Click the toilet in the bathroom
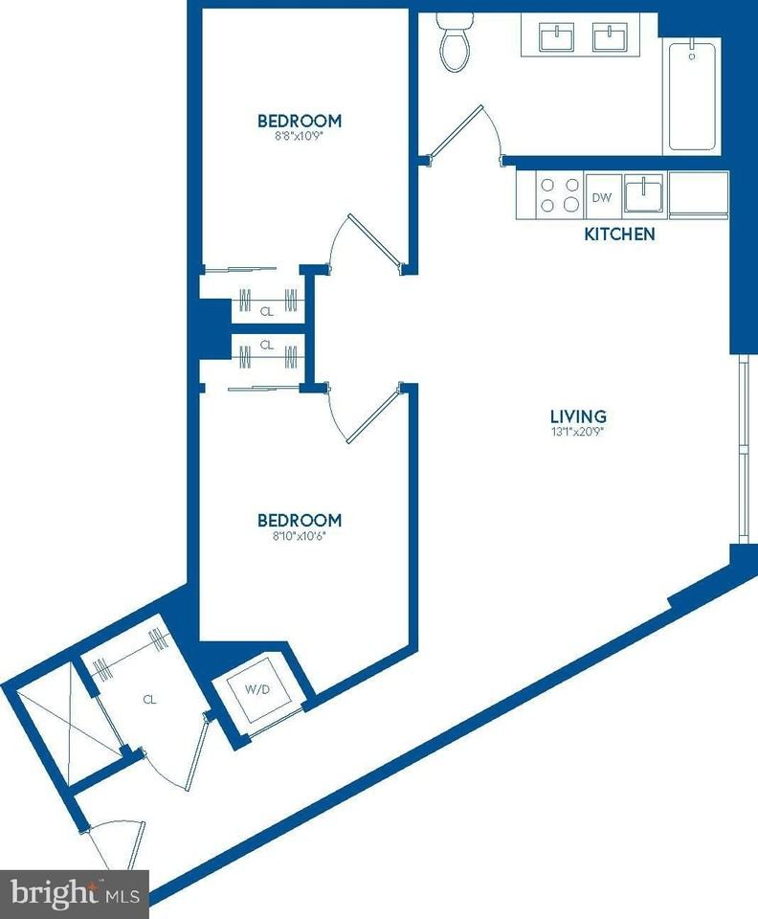tap(453, 43)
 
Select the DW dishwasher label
tap(601, 198)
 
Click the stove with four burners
tap(559, 195)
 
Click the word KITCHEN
tap(619, 234)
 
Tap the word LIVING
tap(578, 416)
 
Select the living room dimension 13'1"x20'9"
tap(578, 432)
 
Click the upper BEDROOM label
tap(300, 121)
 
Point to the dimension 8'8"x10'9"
tap(300, 136)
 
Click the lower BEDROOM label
tap(300, 520)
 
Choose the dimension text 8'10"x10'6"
tap(300, 535)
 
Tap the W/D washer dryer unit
tap(256, 688)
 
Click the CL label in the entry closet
tap(149, 699)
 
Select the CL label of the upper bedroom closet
tap(267, 310)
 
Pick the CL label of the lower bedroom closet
tap(267, 345)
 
